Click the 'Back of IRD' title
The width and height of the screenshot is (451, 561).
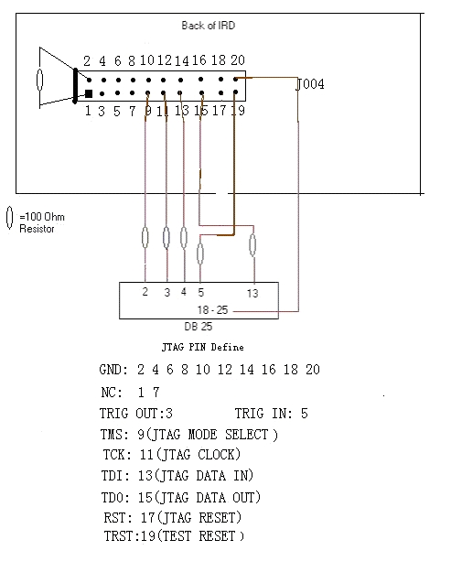click(209, 26)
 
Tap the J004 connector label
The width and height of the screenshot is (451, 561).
click(310, 84)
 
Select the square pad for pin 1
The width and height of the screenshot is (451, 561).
click(89, 93)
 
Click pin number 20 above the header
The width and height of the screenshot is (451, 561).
click(238, 60)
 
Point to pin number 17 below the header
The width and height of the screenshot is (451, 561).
click(220, 111)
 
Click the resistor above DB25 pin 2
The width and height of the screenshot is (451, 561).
click(145, 238)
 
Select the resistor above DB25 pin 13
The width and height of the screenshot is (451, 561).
click(252, 245)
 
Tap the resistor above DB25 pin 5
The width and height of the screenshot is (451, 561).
click(200, 254)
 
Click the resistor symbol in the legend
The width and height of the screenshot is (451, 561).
click(10, 217)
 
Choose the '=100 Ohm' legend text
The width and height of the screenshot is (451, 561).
click(42, 217)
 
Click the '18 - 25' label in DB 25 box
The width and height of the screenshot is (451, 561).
click(212, 310)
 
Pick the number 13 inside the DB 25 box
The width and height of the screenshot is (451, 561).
click(252, 294)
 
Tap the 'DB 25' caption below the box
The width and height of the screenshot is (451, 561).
click(199, 327)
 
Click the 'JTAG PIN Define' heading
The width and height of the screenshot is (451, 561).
click(203, 347)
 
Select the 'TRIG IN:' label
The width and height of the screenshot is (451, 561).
click(263, 414)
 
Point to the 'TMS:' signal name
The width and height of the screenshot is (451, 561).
click(114, 435)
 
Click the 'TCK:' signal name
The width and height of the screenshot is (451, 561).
click(116, 455)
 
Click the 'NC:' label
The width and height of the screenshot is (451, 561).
click(112, 393)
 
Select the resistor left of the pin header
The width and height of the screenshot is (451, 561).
click(39, 80)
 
